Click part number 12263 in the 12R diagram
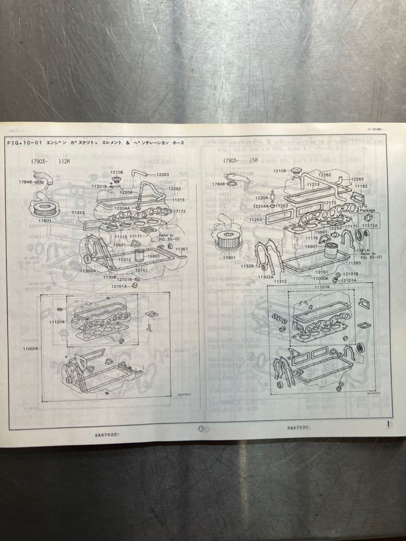pyautogui.click(x=162, y=174)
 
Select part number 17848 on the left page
pyautogui.click(x=25, y=182)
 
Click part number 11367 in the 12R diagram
pyautogui.click(x=181, y=249)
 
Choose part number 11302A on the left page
pyautogui.click(x=88, y=270)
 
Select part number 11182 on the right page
pyautogui.click(x=361, y=186)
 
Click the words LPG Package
pyautogui.click(x=367, y=208)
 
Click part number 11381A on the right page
pyautogui.click(x=363, y=250)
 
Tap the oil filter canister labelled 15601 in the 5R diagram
pyautogui.click(x=331, y=250)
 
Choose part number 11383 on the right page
pyautogui.click(x=354, y=263)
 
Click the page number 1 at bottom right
pyautogui.click(x=389, y=423)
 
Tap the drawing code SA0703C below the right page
pyautogui.click(x=298, y=427)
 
